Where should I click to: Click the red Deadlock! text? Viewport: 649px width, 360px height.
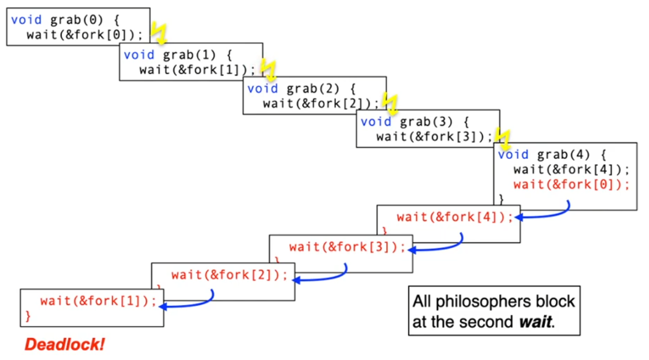tap(65, 345)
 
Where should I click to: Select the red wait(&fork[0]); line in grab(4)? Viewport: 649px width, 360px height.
tap(571, 184)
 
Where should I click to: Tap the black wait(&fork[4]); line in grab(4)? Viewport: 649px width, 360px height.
tap(571, 169)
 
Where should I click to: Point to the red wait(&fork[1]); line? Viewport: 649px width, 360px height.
tap(99, 301)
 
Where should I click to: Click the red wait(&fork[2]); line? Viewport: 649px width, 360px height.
tap(230, 275)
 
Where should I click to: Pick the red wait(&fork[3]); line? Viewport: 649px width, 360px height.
tap(347, 247)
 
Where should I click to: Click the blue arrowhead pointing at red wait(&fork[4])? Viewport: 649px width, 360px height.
tap(518, 217)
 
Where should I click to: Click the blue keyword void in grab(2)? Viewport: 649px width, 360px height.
tap(262, 89)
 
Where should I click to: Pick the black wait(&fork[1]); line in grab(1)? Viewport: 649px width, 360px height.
tap(197, 69)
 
